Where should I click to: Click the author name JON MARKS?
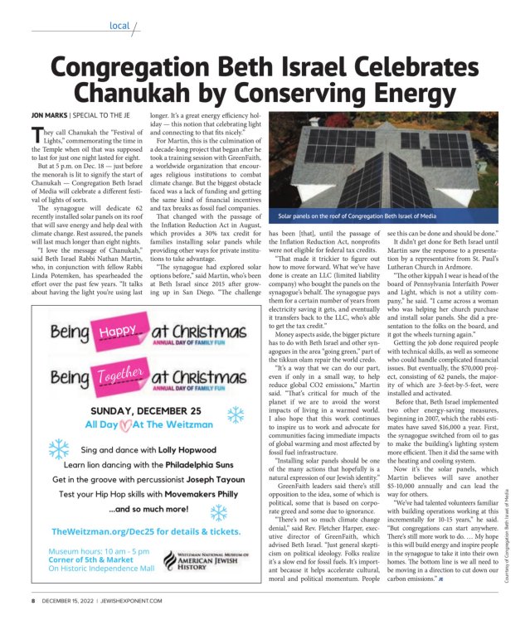point(49,114)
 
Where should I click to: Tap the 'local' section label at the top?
point(119,26)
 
